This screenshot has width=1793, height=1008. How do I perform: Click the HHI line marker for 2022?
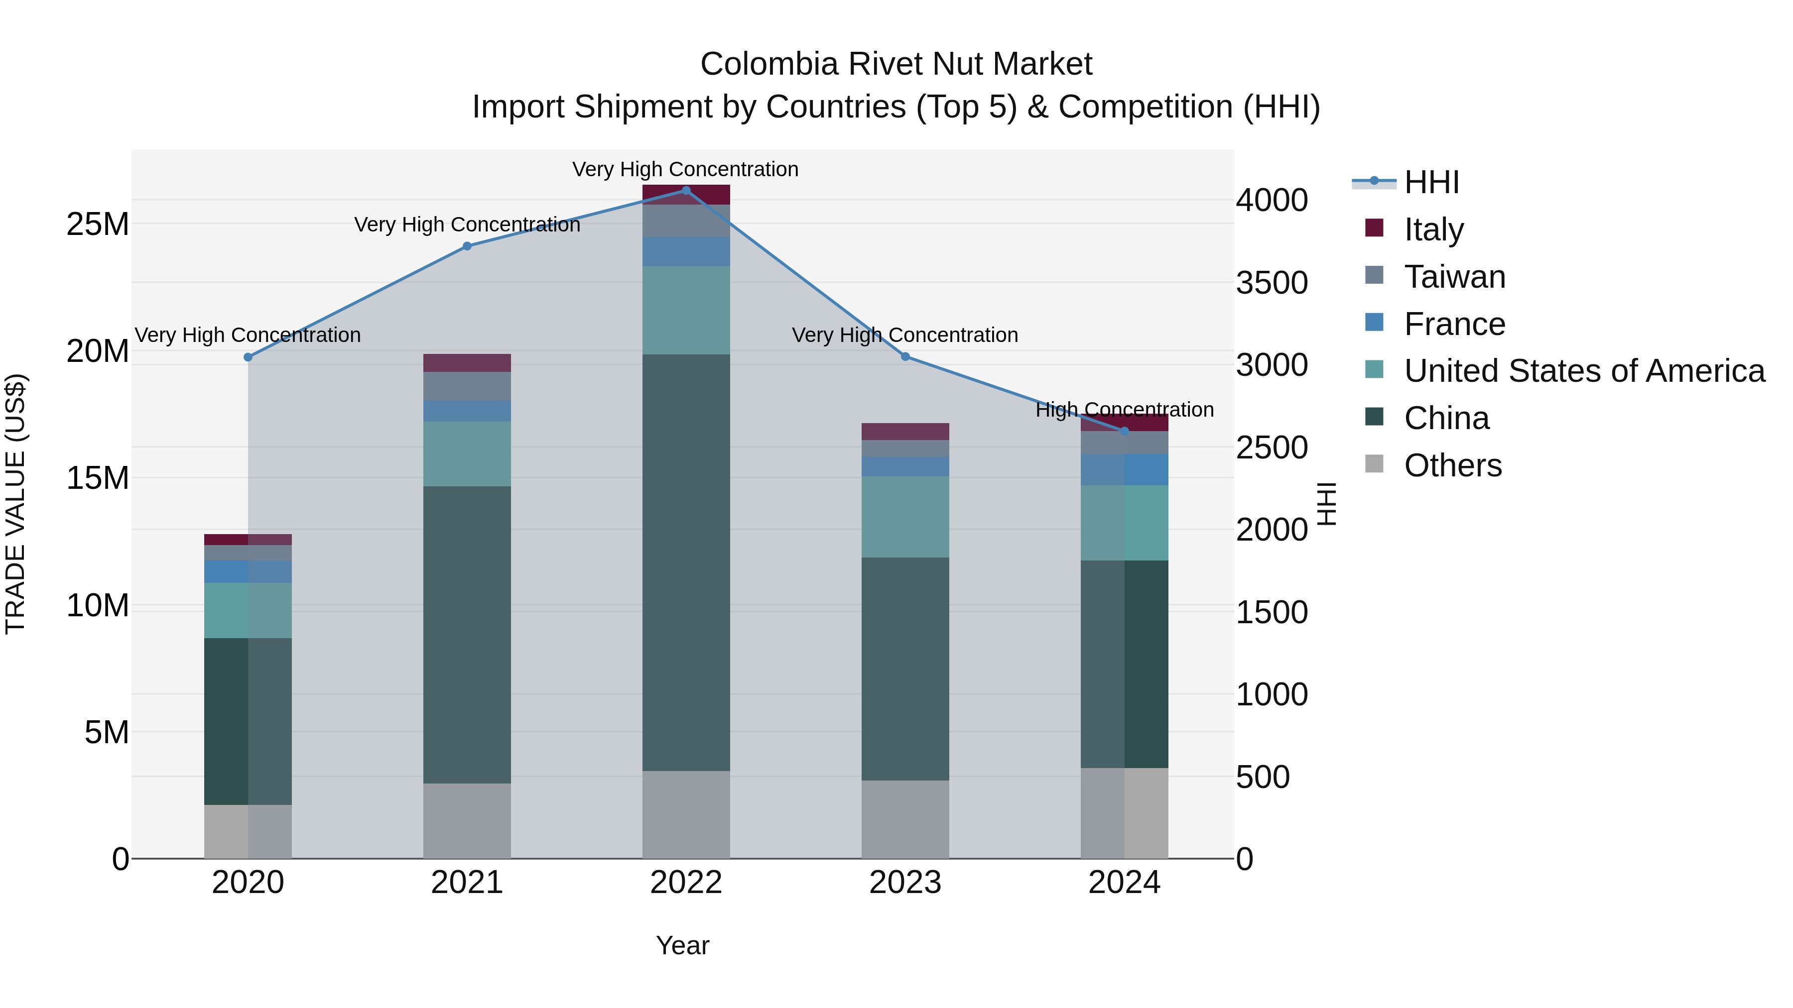[x=686, y=191]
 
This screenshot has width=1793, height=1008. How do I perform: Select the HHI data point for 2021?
[x=467, y=246]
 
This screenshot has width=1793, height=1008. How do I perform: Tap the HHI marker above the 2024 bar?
[x=1124, y=431]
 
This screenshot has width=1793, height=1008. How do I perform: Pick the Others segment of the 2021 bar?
[x=467, y=821]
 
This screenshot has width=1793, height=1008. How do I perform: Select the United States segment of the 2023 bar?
[x=905, y=517]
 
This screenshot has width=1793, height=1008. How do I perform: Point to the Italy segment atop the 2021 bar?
[x=467, y=363]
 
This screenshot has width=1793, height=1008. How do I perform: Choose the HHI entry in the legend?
[x=1431, y=182]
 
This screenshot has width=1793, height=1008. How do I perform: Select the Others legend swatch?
[x=1374, y=464]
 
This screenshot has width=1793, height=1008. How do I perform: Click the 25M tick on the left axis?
[x=98, y=224]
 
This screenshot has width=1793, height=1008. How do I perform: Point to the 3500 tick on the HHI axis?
[x=1272, y=283]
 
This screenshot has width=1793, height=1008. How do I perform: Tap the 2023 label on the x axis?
[x=905, y=883]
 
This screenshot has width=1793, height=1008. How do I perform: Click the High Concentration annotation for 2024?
[x=1124, y=410]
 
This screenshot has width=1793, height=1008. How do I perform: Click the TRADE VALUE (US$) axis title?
[x=16, y=504]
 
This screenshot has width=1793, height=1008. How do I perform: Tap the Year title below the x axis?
[x=682, y=945]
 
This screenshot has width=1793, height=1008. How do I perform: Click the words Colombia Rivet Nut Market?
[x=896, y=64]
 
